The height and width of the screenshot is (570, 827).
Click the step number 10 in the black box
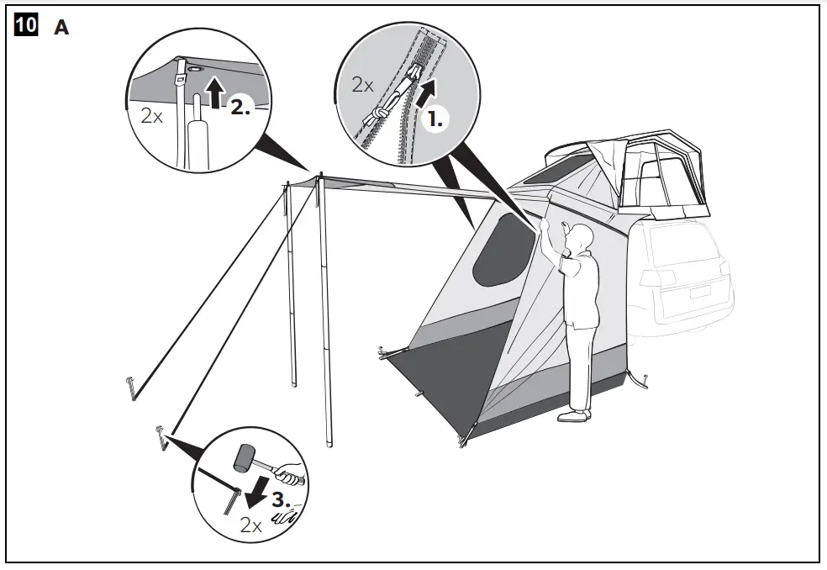26,26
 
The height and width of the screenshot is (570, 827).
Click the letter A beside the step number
61,28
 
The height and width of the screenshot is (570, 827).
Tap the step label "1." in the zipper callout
435,119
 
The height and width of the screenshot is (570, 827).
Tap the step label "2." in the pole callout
240,107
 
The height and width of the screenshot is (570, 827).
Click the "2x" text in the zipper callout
362,85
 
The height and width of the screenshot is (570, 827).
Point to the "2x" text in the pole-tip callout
152,116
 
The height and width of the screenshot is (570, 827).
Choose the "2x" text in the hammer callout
250,526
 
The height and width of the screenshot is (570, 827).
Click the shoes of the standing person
576,414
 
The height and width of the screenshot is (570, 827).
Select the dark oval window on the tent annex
502,250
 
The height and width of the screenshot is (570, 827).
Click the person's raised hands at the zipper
554,227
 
